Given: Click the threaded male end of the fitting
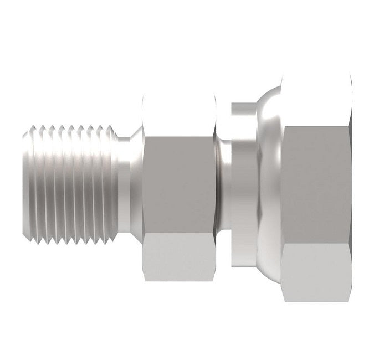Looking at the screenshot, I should (x=69, y=180).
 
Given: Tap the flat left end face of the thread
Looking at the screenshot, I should (x=25, y=180).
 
